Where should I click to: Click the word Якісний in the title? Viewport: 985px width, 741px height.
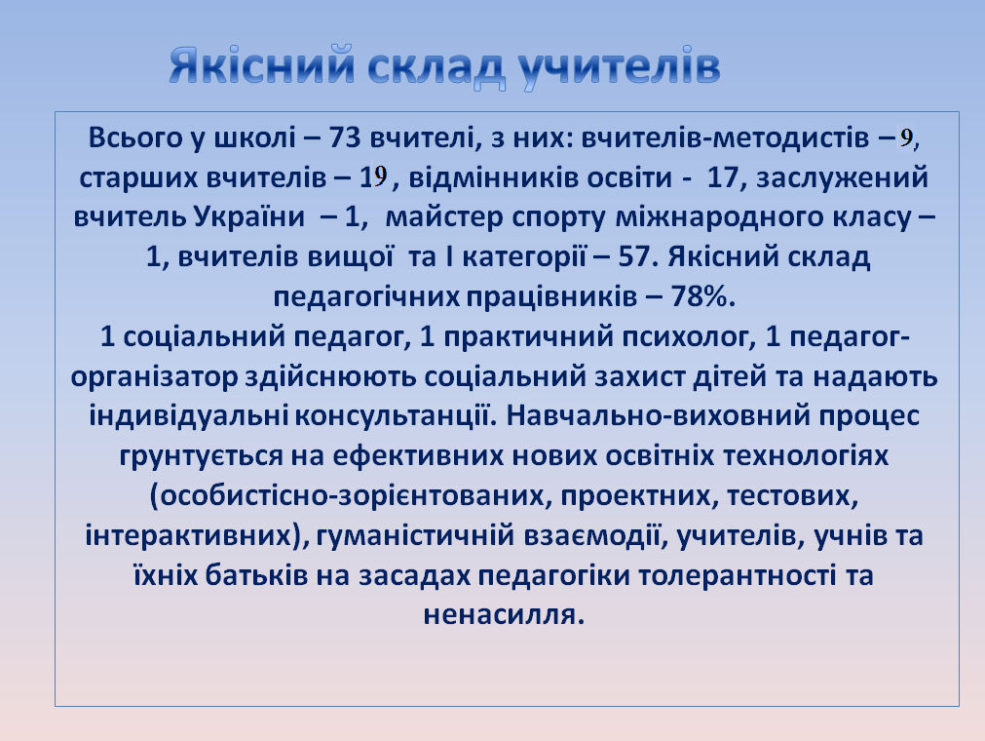click(262, 65)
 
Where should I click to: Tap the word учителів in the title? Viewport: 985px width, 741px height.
click(620, 66)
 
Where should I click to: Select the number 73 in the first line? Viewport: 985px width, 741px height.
click(345, 137)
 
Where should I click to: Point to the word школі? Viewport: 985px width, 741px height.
click(255, 137)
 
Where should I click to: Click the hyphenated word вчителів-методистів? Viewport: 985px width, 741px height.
click(725, 138)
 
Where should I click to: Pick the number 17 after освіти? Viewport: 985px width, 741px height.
click(722, 177)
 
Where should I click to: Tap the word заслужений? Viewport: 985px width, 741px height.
click(843, 178)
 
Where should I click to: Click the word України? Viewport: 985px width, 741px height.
click(248, 216)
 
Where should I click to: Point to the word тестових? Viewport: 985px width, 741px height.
click(792, 496)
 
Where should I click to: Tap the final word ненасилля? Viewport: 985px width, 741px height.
click(504, 615)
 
